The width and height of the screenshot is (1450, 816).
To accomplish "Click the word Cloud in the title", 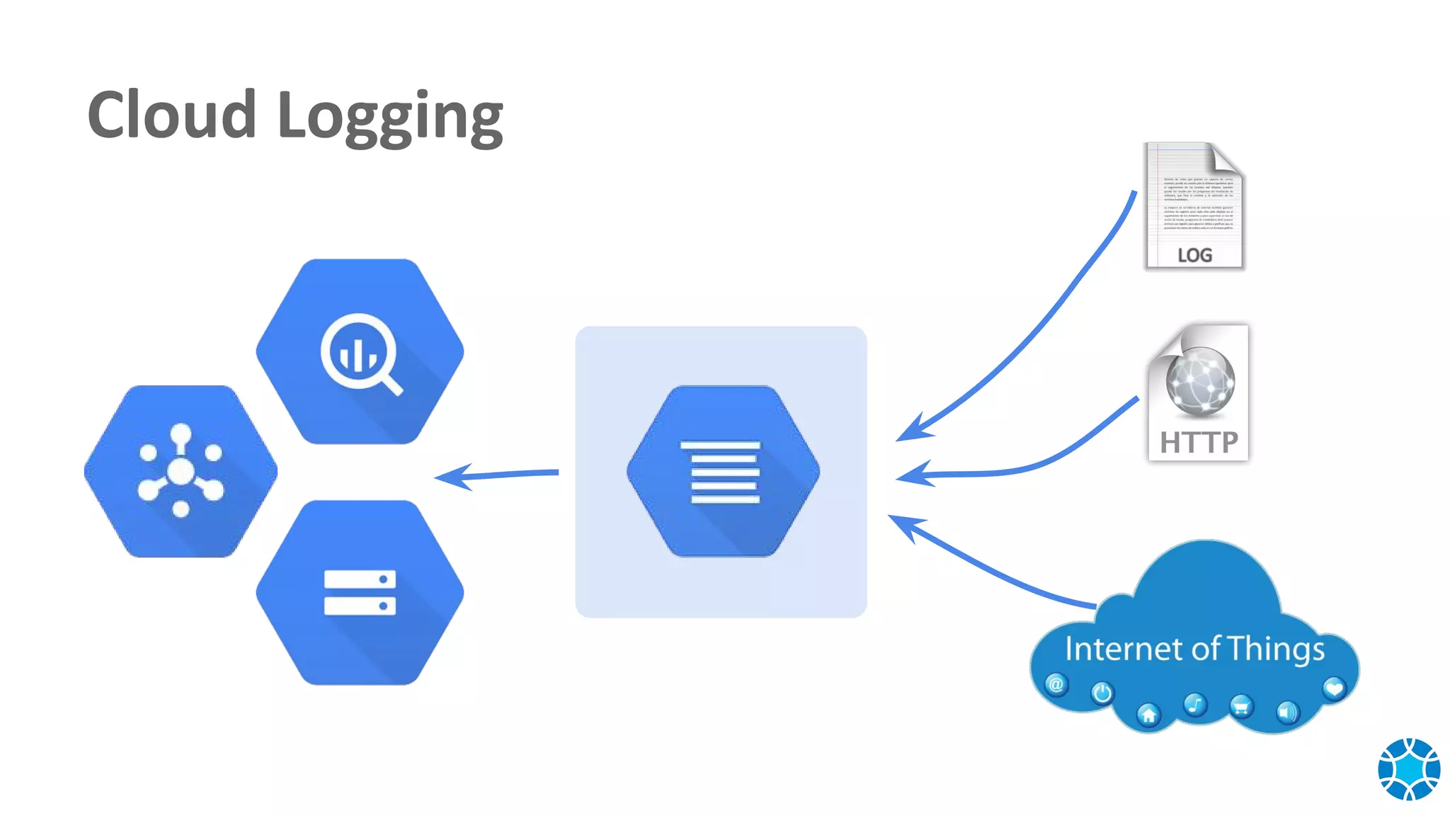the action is (171, 115).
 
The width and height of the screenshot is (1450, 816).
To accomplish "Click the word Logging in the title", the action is (389, 117).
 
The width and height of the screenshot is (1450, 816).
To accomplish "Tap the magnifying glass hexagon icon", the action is (360, 352).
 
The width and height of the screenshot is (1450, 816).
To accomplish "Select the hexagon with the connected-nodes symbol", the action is (181, 471).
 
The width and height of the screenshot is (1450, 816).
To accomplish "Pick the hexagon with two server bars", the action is (360, 592).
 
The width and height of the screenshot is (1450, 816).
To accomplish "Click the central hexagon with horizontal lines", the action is (723, 471).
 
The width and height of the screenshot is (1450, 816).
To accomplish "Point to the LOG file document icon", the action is (1194, 205).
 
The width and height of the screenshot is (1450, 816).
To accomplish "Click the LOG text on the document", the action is (1194, 255).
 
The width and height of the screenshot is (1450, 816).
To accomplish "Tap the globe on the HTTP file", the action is (1200, 380).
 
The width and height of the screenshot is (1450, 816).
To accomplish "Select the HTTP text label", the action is (1199, 443).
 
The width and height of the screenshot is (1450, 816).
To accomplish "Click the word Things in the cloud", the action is (1275, 650).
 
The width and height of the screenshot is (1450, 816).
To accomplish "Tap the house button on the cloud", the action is (1148, 715).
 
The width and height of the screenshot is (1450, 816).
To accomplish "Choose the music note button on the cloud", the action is (1195, 704).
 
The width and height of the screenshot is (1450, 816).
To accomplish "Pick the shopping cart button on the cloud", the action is (1241, 706).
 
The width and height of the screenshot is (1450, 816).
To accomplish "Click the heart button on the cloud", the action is (1333, 688).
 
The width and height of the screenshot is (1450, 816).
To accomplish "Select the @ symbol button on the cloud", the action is (1056, 684).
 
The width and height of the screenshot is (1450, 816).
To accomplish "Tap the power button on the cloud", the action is (1102, 693).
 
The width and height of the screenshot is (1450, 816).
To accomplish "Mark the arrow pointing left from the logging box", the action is (496, 475).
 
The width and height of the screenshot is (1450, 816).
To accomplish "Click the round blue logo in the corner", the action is (1408, 769).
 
